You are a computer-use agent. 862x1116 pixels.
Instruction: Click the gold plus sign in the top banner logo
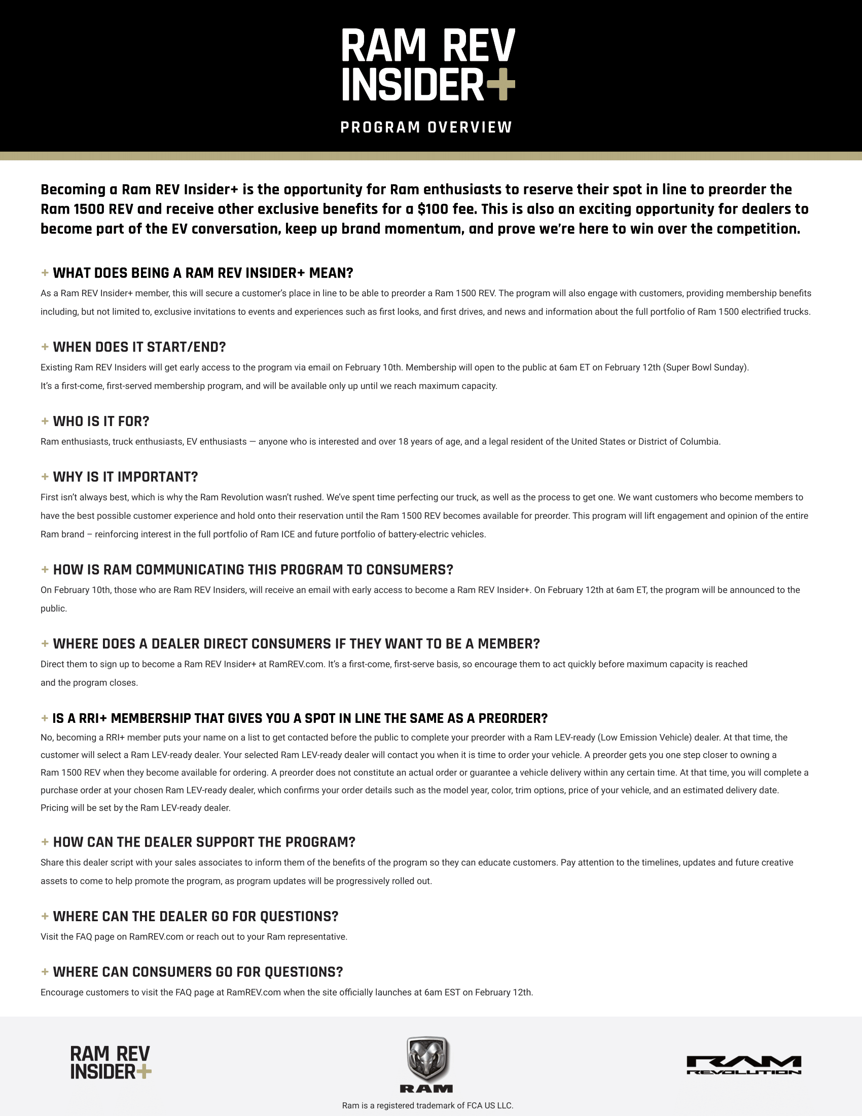pyautogui.click(x=500, y=84)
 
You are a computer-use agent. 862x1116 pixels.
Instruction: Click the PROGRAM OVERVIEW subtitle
pyautogui.click(x=426, y=127)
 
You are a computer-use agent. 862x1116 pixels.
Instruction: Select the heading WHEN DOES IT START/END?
pyautogui.click(x=139, y=347)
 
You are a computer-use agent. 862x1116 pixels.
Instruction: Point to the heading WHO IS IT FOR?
pyautogui.click(x=100, y=421)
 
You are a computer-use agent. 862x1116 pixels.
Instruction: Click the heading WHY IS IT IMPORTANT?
pyautogui.click(x=125, y=477)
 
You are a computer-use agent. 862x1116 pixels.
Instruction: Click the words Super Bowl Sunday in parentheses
pyautogui.click(x=706, y=367)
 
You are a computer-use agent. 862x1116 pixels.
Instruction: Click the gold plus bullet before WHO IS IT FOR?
pyautogui.click(x=45, y=421)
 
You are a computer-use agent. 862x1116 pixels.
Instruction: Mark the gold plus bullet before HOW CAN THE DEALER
pyautogui.click(x=45, y=842)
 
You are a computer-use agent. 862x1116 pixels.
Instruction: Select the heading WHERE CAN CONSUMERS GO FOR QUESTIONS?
pyautogui.click(x=198, y=972)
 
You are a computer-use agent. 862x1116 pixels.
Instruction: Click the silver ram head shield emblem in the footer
pyautogui.click(x=427, y=1058)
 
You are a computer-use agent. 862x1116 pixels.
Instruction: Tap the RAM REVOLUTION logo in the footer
pyautogui.click(x=743, y=1065)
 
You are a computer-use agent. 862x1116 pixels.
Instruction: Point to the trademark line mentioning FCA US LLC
pyautogui.click(x=427, y=1105)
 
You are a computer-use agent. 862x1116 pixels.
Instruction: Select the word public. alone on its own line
pyautogui.click(x=54, y=609)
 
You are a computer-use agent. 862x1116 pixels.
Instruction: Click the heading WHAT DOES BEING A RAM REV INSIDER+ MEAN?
pyautogui.click(x=203, y=273)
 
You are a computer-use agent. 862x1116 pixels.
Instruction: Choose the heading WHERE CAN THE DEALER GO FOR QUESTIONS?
pyautogui.click(x=196, y=916)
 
